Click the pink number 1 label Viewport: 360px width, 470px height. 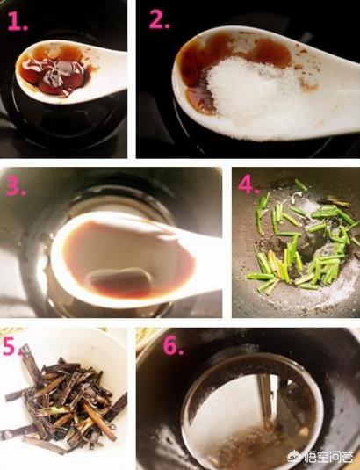pyautogui.click(x=18, y=21)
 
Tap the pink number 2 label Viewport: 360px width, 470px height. pyautogui.click(x=159, y=20)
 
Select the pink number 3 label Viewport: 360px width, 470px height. pyautogui.click(x=15, y=186)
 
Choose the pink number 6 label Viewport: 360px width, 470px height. pyautogui.click(x=173, y=346)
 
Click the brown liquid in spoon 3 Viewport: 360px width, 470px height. pyautogui.click(x=126, y=257)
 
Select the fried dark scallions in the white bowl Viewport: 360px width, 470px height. pyautogui.click(x=64, y=399)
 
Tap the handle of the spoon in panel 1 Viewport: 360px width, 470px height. pyautogui.click(x=108, y=70)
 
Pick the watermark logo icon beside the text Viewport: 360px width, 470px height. pyautogui.click(x=294, y=456)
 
